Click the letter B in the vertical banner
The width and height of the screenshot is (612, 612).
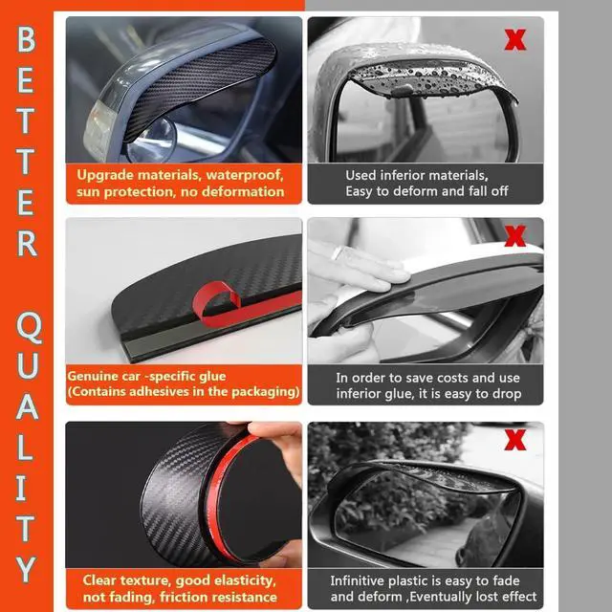(x=26, y=39)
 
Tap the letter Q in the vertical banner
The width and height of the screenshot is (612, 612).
(x=29, y=327)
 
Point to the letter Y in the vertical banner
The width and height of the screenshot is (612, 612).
(x=26, y=570)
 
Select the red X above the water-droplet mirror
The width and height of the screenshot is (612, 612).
(x=515, y=39)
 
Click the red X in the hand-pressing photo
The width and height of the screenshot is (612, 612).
(x=515, y=236)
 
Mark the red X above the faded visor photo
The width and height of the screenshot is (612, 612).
(x=515, y=440)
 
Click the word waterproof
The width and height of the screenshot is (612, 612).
(x=245, y=175)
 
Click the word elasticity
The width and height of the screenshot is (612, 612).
(x=245, y=580)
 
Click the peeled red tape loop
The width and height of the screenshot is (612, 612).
(x=217, y=298)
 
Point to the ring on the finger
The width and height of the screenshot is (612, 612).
(x=337, y=252)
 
